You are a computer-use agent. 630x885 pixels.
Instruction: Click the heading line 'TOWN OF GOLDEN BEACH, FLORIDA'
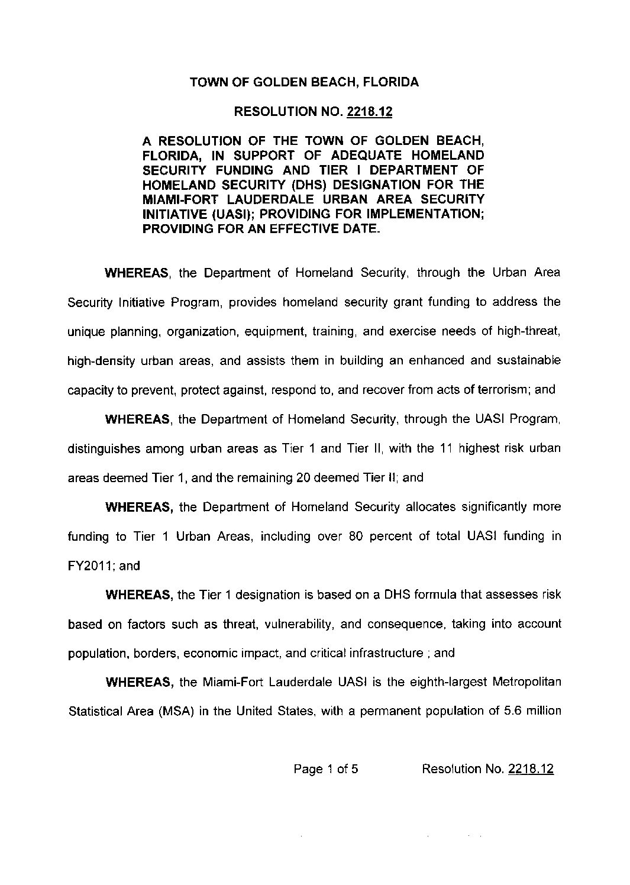click(304, 82)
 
